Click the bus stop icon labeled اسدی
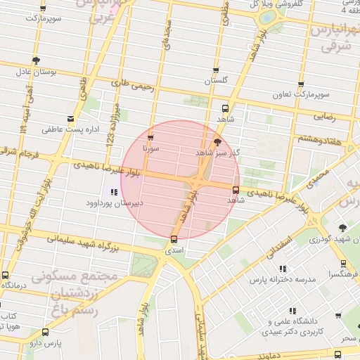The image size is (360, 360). [x=174, y=239]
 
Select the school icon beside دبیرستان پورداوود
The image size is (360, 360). [x=114, y=191]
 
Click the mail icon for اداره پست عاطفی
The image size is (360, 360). [x=70, y=118]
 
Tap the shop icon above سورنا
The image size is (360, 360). [x=150, y=138]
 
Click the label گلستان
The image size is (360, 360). [x=217, y=82]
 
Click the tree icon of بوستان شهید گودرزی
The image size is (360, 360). [x=342, y=228]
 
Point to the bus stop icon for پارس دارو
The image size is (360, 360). [x=46, y=332]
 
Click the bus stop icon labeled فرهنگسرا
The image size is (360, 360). [x=343, y=264]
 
